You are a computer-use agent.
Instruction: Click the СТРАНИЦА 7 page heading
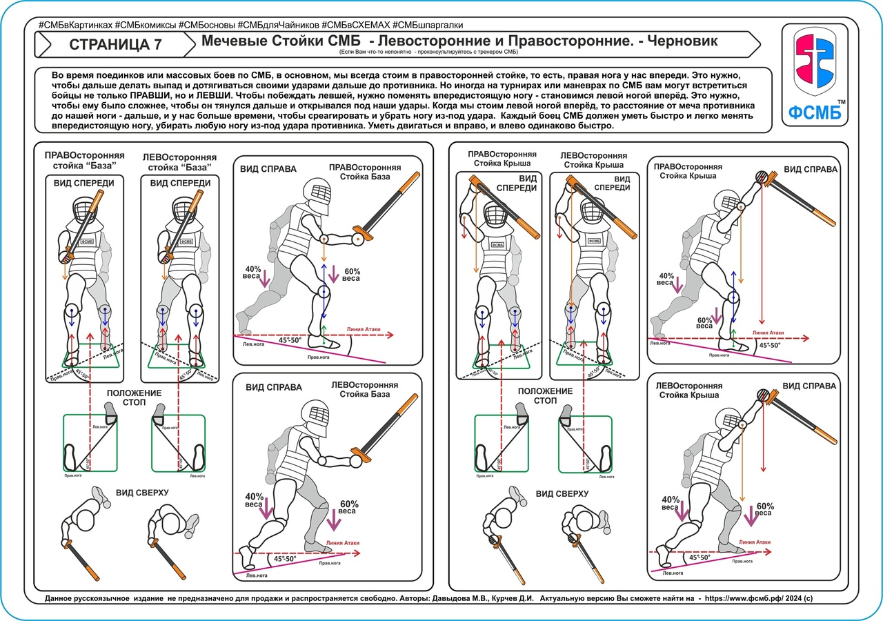pos(117,45)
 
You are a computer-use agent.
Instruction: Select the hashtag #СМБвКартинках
pos(75,25)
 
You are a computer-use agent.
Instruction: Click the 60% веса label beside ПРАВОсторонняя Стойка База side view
pos(351,273)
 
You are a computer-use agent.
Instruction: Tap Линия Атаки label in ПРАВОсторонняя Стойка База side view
pos(366,328)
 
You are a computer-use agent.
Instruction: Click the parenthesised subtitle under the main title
pos(428,52)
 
